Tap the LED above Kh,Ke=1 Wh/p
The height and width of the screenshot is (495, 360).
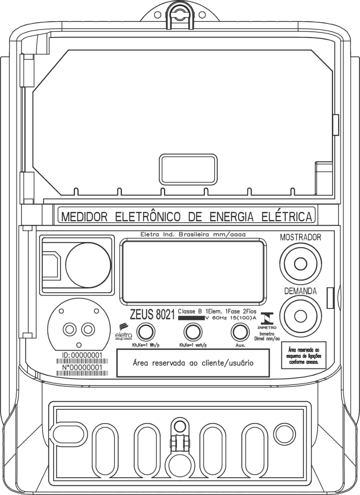click(146, 332)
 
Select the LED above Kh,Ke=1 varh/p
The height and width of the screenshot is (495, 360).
click(193, 332)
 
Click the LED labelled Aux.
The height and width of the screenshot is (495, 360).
click(240, 332)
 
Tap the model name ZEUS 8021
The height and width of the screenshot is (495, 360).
click(152, 315)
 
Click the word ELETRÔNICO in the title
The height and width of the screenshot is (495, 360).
click(148, 217)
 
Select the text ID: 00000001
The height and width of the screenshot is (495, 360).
click(82, 355)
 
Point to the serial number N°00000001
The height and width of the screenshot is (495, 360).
click(82, 368)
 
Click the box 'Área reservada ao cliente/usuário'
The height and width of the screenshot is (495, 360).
click(193, 363)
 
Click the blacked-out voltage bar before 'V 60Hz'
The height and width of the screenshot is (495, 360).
click(191, 318)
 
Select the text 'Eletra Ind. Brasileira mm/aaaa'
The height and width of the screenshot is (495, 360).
click(193, 235)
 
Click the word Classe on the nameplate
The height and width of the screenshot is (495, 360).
click(186, 311)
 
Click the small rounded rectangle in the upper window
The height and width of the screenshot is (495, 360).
click(188, 169)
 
